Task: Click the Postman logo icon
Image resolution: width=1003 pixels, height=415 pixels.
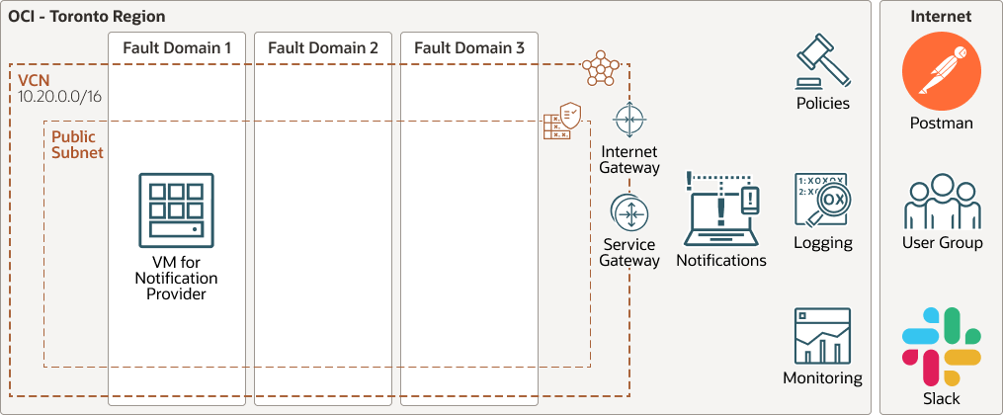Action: click(941, 77)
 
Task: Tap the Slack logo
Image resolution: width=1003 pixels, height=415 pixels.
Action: click(941, 346)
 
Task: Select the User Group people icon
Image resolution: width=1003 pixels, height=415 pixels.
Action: click(942, 203)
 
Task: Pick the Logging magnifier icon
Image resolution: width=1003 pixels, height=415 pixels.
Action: click(822, 202)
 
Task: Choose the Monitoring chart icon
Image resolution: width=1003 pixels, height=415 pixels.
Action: click(822, 336)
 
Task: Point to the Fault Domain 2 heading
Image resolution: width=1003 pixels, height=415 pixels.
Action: click(322, 47)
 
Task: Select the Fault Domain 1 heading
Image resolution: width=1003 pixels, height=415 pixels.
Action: click(177, 47)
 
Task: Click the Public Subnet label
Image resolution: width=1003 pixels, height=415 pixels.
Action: click(77, 144)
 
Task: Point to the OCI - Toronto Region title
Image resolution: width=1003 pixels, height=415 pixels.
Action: click(87, 17)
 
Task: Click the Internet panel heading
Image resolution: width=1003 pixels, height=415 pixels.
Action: click(941, 17)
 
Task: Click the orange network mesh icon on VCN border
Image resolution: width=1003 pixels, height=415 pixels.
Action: click(599, 67)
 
